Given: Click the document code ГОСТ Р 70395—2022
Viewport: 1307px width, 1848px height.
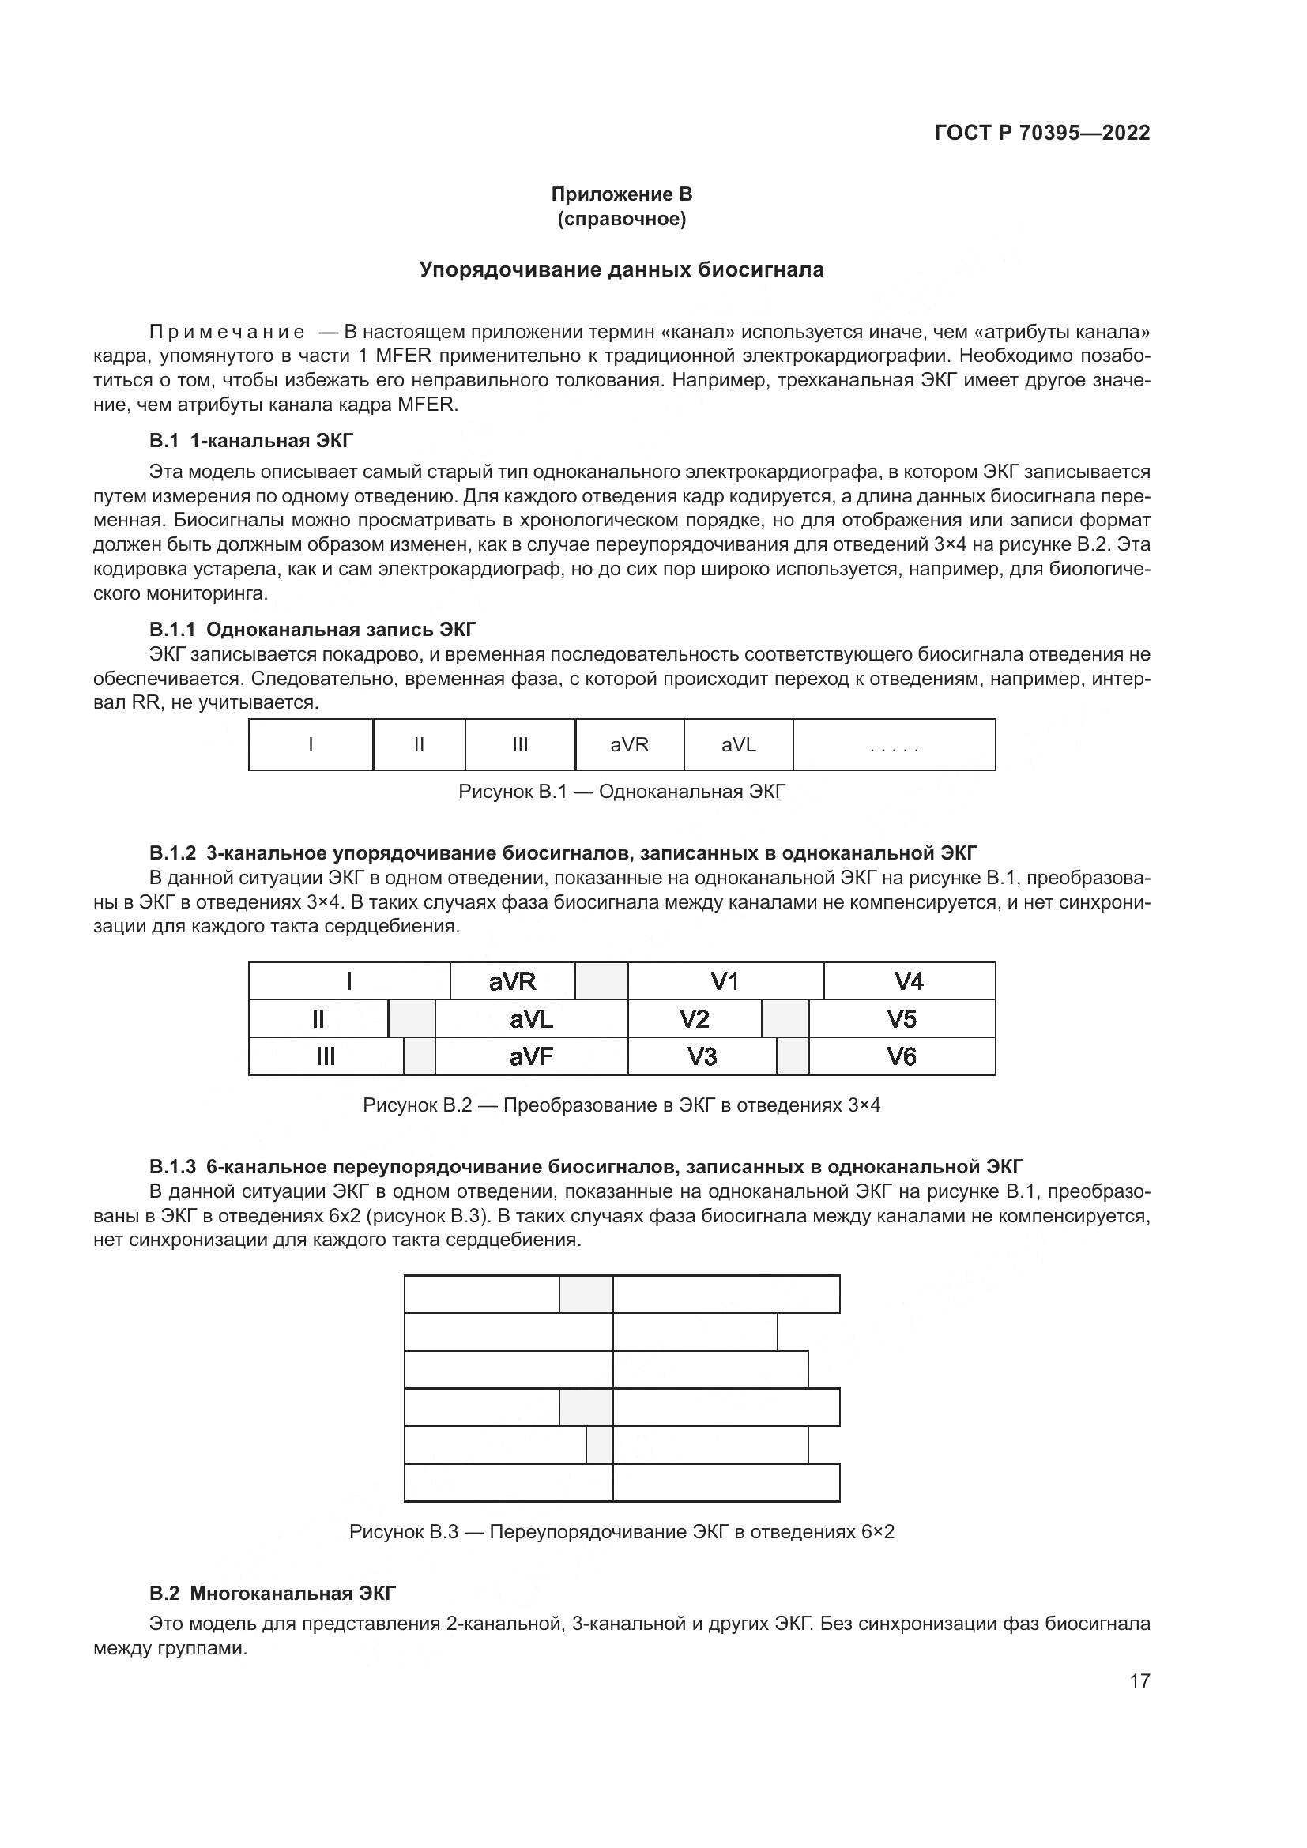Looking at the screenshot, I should point(1041,133).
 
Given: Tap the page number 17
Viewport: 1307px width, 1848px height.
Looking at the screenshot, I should point(1139,1681).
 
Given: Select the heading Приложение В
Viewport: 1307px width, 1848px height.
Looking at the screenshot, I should point(620,194).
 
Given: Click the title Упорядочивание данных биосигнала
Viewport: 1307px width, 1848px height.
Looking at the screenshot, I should point(620,269).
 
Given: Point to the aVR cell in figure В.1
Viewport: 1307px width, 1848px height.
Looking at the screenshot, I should point(629,744).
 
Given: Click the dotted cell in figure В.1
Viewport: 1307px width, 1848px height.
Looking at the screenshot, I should point(894,744).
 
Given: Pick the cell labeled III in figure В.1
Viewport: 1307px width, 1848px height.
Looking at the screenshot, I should point(520,744).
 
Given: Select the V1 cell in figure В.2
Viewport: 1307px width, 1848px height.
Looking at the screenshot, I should point(725,980).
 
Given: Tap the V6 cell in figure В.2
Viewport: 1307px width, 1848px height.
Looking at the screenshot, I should point(902,1056).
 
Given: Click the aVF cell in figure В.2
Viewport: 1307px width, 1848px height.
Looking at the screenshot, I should point(531,1056).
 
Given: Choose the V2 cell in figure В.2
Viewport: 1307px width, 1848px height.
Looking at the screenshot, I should point(694,1019).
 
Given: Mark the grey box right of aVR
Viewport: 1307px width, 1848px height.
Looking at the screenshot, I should point(601,980).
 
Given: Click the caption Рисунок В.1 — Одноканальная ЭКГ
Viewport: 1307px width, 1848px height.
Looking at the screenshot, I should point(621,792).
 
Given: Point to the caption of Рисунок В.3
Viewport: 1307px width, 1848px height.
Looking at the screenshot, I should point(621,1532).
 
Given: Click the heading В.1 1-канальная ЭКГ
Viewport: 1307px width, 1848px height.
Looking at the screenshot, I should point(250,441).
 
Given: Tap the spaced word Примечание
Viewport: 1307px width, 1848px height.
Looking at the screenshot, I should point(227,333).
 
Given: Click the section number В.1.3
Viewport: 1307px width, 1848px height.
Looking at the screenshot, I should point(172,1167).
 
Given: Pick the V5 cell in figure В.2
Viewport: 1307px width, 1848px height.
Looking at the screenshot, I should point(902,1019).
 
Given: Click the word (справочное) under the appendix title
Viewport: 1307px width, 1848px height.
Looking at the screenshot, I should point(620,219).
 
